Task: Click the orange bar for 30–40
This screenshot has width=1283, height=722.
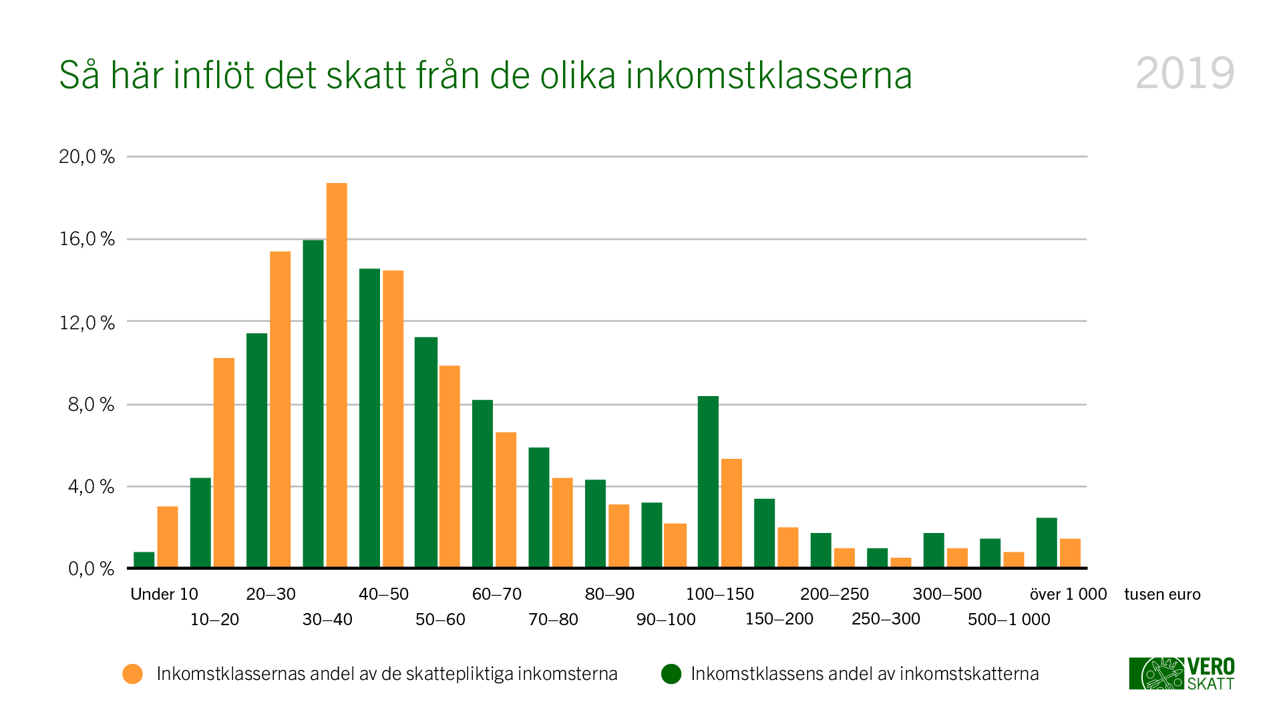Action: [337, 375]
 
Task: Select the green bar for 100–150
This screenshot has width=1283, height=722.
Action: [708, 482]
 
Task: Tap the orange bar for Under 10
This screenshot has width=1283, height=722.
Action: [168, 537]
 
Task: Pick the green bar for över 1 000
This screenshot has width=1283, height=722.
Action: [1047, 542]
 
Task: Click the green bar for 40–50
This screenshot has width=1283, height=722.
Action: [369, 418]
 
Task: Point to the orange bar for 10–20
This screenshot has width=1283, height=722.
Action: [224, 463]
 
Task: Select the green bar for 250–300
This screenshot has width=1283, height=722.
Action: [877, 558]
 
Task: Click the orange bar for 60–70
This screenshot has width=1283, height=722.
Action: [506, 500]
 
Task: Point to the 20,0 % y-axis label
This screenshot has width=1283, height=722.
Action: [87, 157]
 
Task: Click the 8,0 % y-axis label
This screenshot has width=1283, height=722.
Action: [91, 405]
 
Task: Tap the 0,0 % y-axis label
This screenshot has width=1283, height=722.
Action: [91, 569]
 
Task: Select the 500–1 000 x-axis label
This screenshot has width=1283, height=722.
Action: [1009, 620]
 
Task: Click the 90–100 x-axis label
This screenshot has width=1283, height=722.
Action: [666, 620]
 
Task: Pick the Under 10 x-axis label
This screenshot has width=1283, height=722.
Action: [164, 594]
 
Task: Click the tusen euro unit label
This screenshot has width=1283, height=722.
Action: [1162, 594]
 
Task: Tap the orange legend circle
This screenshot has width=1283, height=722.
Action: [133, 674]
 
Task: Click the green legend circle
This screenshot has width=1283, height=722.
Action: [671, 674]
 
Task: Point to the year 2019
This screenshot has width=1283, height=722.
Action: [1185, 73]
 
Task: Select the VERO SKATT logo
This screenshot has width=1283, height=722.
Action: [1181, 673]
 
